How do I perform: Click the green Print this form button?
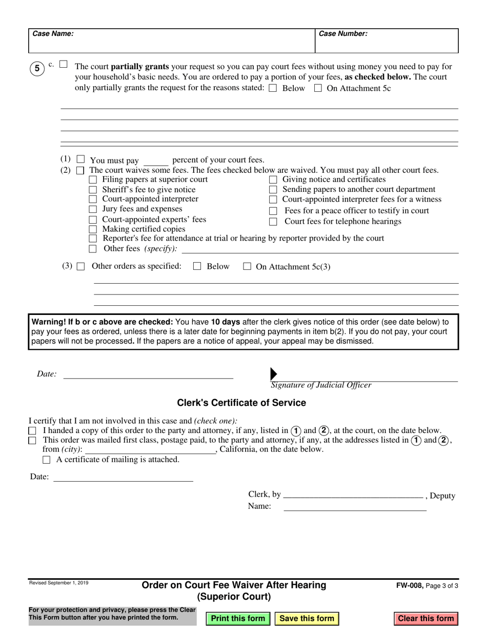point(238,618)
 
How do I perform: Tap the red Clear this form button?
point(425,618)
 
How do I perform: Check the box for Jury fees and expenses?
point(93,209)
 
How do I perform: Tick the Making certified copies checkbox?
point(93,229)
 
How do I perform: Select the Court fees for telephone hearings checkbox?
point(273,222)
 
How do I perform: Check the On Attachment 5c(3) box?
point(247,267)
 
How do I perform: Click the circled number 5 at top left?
point(37,68)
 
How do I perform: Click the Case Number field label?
point(343,34)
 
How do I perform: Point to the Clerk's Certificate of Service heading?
point(241,403)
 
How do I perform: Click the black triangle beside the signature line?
point(273,374)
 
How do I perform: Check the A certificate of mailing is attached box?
point(47,460)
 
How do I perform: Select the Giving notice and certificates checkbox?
point(273,180)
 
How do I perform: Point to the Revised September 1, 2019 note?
point(58,583)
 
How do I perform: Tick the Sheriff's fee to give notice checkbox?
point(93,190)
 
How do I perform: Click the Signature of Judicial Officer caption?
point(321,385)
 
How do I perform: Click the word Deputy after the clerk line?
point(442,496)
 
